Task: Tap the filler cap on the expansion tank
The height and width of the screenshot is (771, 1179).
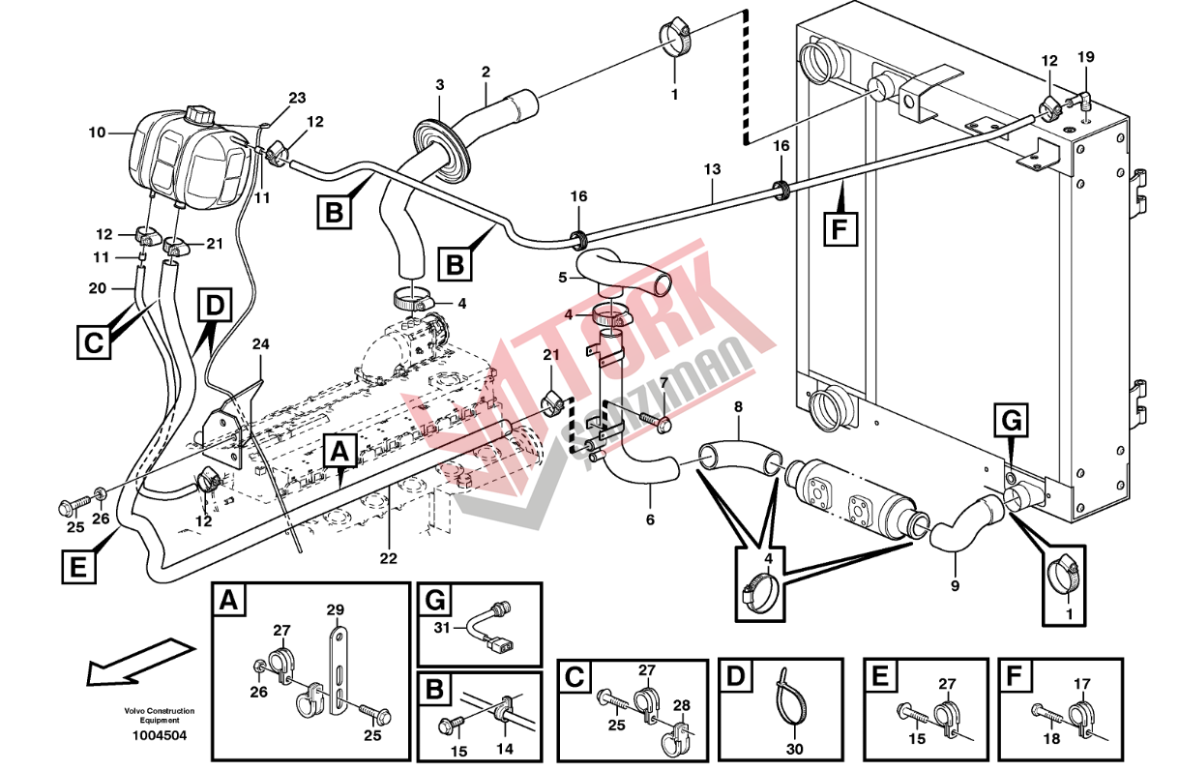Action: [x=202, y=116]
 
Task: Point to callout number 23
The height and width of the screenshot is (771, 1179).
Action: [x=297, y=97]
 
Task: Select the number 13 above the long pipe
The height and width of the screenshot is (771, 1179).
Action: [x=712, y=170]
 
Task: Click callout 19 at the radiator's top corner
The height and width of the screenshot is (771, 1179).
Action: [x=1085, y=57]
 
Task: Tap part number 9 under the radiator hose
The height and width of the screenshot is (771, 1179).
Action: [x=955, y=585]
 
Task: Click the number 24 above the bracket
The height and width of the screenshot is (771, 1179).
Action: [x=259, y=344]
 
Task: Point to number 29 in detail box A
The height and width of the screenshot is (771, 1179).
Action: [x=335, y=610]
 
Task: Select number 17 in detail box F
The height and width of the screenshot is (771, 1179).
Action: [x=1083, y=684]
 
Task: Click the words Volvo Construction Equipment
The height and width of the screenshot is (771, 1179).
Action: [x=160, y=716]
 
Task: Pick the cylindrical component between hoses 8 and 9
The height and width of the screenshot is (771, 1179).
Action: [x=848, y=494]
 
